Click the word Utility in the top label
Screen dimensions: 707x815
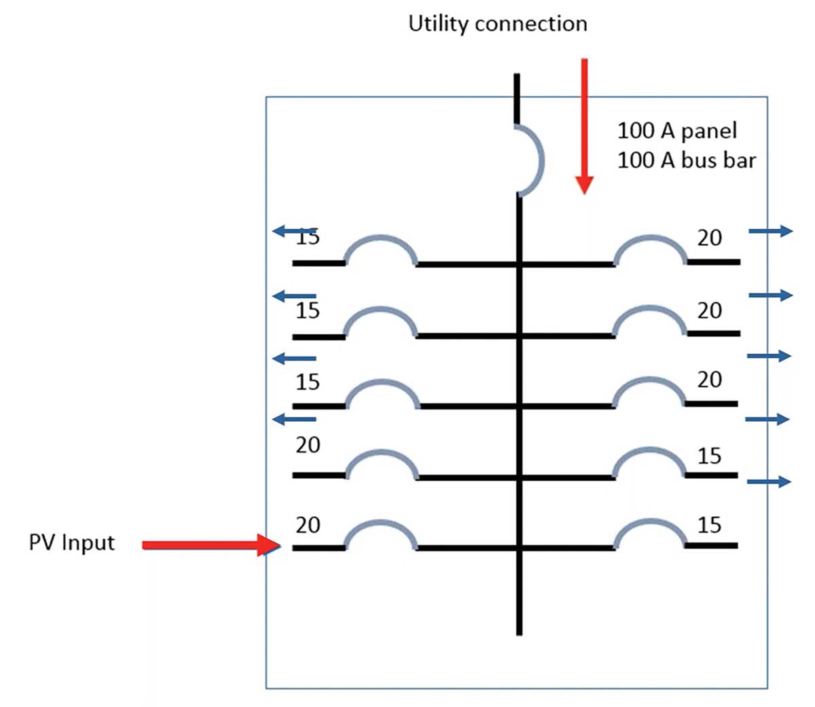(438, 24)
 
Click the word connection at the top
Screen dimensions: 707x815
(531, 24)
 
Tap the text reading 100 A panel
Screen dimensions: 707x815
(676, 130)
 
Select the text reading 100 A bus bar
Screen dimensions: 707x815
(686, 161)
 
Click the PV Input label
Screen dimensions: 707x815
(71, 543)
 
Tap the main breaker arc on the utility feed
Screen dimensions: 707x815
(537, 161)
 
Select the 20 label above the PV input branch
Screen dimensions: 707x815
(308, 525)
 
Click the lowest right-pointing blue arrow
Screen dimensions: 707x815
(769, 482)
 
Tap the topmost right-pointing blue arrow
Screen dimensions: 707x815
(770, 232)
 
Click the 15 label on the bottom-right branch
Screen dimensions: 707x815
(709, 525)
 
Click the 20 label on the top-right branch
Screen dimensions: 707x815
(709, 238)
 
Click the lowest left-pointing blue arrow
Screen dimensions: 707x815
(294, 420)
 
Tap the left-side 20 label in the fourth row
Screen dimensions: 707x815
(308, 446)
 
